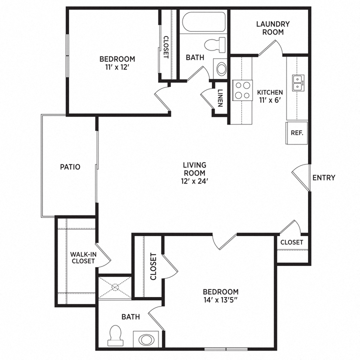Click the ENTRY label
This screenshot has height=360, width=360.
323,177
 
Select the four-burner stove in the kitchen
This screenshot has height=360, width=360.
243,90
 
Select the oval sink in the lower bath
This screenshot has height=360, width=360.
147,339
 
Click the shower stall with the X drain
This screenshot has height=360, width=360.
114,287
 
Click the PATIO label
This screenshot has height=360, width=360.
70,167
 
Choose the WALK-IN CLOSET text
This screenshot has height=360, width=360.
83,257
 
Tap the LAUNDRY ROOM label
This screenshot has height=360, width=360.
273,28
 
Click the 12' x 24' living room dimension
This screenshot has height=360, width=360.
194,181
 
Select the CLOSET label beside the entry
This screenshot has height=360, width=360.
291,242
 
